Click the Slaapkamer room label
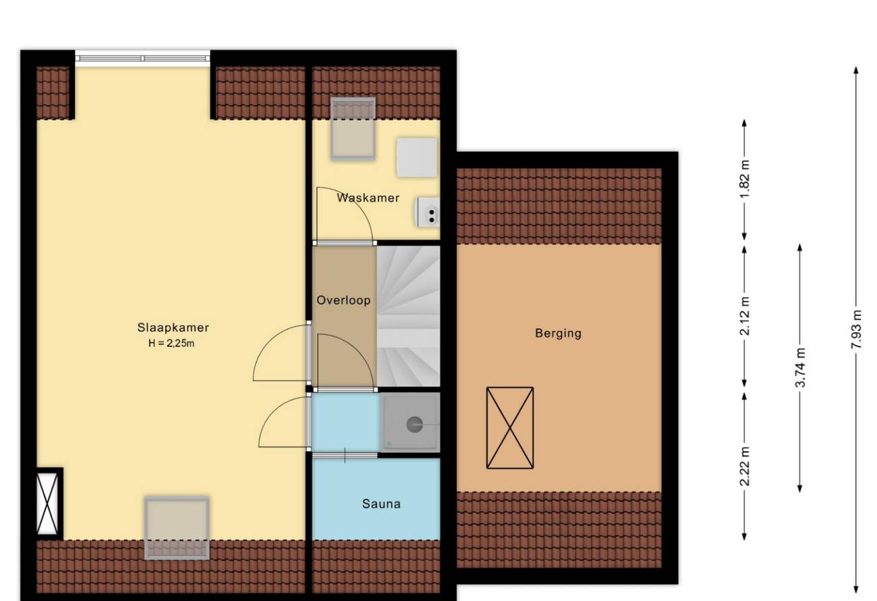(173, 328)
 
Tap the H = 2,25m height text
(171, 344)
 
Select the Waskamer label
(368, 198)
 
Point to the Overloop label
(343, 300)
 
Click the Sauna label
(381, 504)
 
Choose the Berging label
(558, 334)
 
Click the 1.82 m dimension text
(745, 179)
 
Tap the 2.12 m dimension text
(745, 316)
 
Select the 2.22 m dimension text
(745, 466)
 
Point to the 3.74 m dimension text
(800, 367)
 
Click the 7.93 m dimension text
(856, 330)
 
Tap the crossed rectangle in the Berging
(510, 428)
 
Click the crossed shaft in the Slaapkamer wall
(47, 504)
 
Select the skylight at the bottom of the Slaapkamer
(177, 528)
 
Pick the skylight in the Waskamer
(353, 129)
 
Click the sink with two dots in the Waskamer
(428, 212)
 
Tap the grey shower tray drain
(414, 424)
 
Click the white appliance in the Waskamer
(417, 157)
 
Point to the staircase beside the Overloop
(408, 316)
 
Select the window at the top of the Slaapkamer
(142, 58)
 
